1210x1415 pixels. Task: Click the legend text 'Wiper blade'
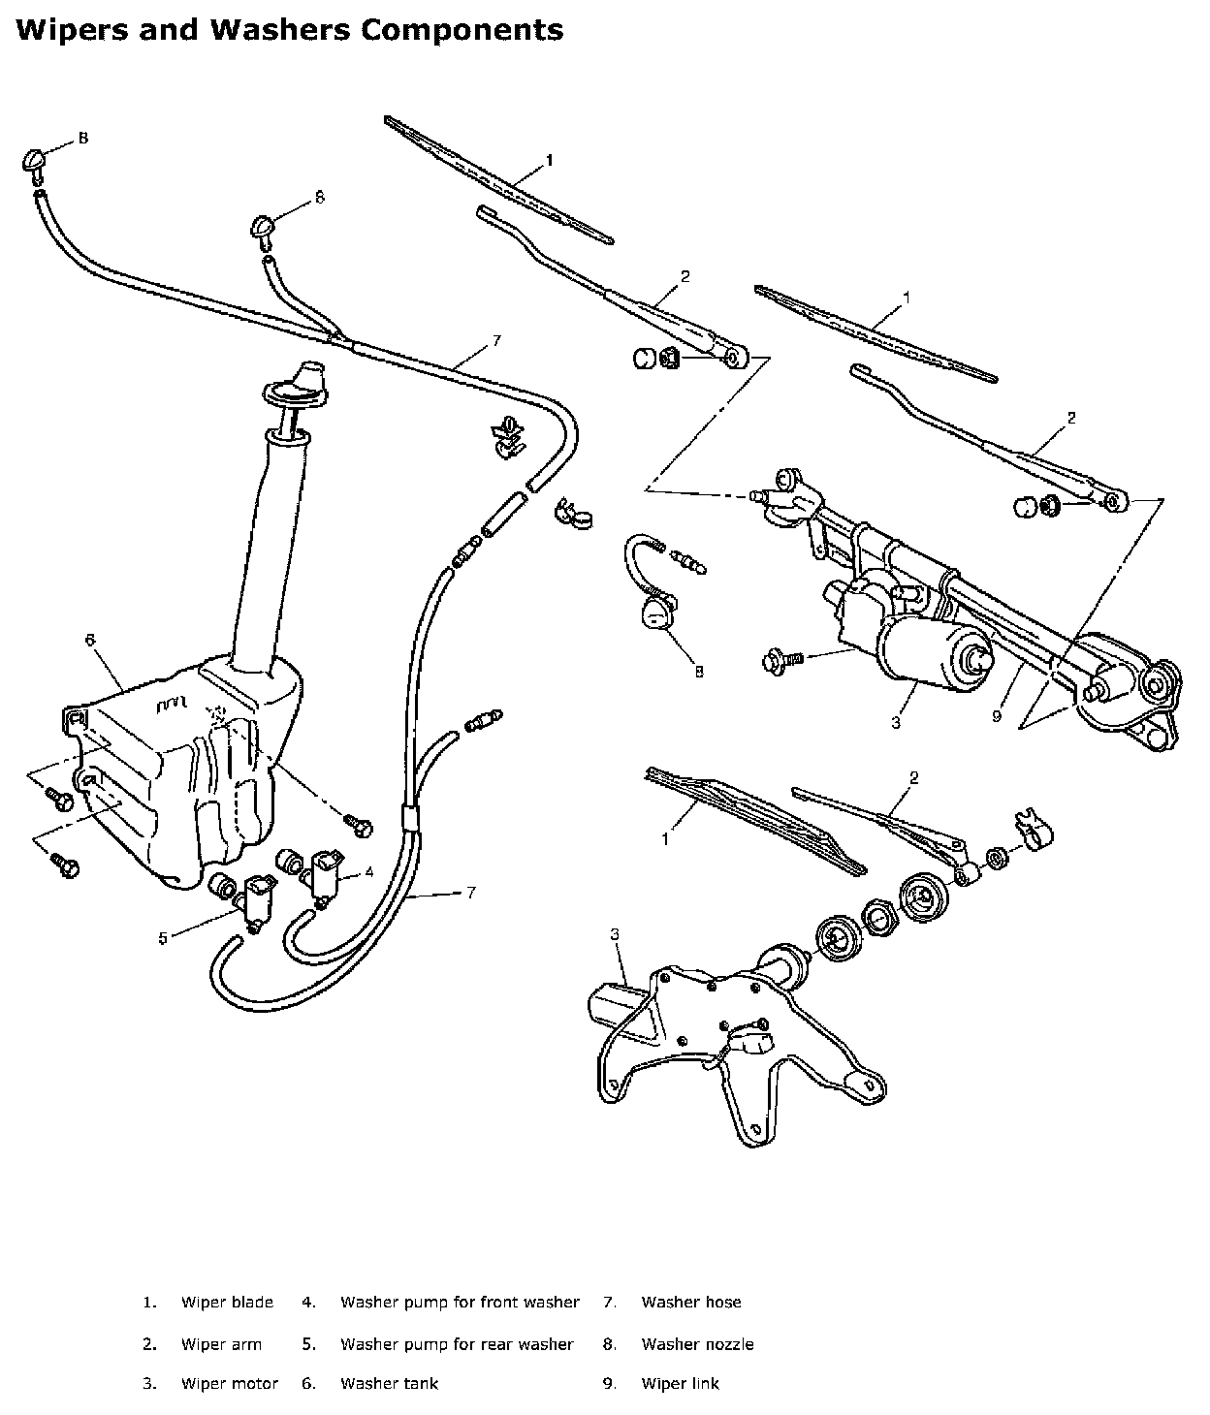(x=227, y=1303)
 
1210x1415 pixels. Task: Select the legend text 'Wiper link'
(x=680, y=1384)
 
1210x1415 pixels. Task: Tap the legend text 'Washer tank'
(x=389, y=1384)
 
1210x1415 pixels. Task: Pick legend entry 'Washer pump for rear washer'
(x=457, y=1344)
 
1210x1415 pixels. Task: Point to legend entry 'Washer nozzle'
(x=697, y=1344)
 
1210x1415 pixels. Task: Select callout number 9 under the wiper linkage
(x=996, y=717)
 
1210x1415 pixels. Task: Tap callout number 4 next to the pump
(x=369, y=871)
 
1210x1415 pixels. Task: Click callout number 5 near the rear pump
(x=163, y=937)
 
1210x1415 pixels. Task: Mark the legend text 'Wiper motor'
(x=230, y=1384)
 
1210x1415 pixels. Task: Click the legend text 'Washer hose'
(x=690, y=1303)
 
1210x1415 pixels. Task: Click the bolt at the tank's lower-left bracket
(x=67, y=865)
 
